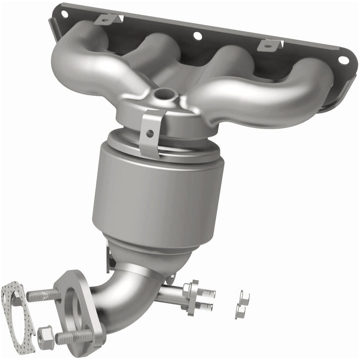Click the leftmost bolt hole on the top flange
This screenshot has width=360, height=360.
[65, 14]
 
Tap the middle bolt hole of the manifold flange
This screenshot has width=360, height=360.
[197, 36]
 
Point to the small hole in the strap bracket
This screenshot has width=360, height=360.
[150, 133]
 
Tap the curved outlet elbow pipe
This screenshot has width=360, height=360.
[124, 296]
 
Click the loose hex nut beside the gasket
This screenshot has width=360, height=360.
[46, 334]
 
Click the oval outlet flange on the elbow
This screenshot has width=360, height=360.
[79, 307]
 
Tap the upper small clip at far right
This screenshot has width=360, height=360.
[244, 297]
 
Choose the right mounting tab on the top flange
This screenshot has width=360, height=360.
[269, 45]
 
